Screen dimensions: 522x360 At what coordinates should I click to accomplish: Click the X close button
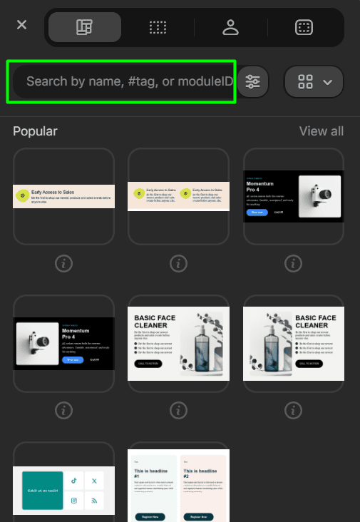[22, 25]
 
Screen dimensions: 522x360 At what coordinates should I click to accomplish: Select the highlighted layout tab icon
[84, 27]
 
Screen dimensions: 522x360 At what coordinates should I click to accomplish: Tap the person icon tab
[230, 27]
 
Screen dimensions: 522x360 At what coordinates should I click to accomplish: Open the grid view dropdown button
[314, 82]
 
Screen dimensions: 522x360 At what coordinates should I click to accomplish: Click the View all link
[321, 131]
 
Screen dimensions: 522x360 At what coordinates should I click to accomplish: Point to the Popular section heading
[35, 131]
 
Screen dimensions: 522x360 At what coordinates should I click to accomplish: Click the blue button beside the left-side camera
[72, 360]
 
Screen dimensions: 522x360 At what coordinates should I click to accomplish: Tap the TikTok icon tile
[74, 481]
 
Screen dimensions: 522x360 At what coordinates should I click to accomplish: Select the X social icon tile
[95, 481]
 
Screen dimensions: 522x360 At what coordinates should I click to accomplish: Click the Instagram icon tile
[74, 502]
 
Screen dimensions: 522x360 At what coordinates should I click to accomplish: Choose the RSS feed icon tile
[95, 502]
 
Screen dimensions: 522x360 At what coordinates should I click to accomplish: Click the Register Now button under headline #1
[150, 516]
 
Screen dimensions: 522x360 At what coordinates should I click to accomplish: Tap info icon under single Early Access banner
[63, 264]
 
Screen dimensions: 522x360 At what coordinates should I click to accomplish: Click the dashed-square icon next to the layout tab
[158, 27]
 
